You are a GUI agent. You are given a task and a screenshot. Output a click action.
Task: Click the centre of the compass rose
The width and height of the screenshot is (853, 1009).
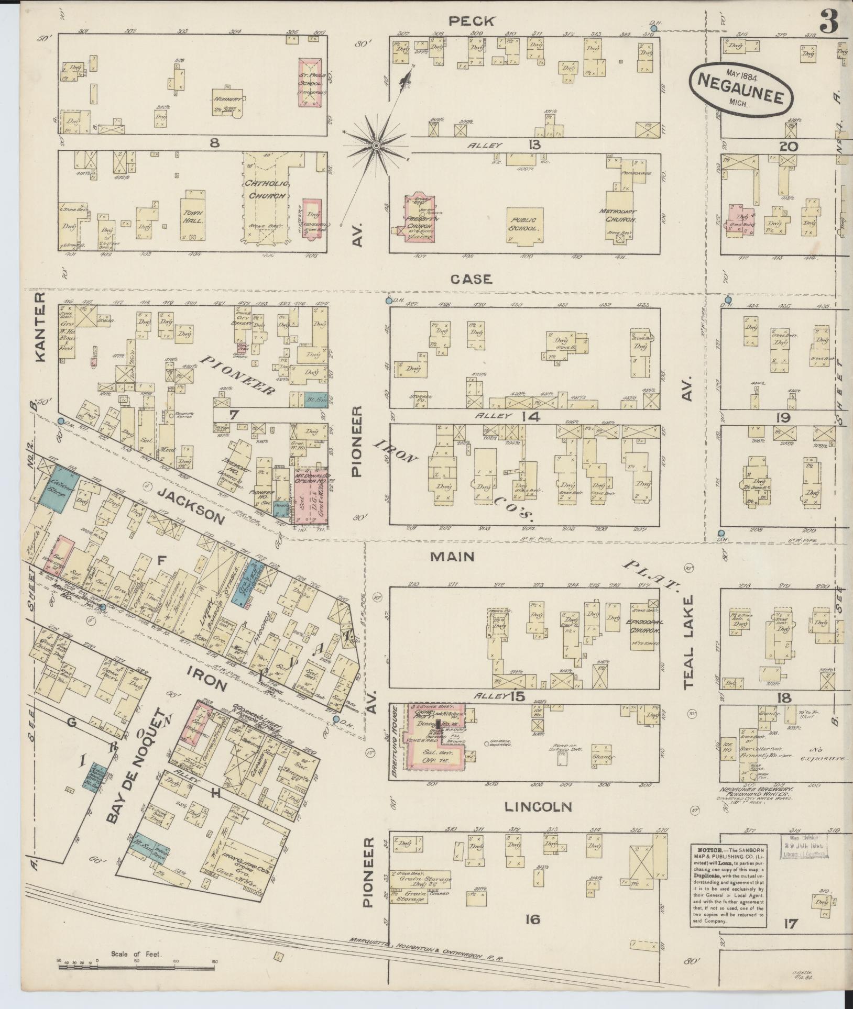pyautogui.click(x=376, y=145)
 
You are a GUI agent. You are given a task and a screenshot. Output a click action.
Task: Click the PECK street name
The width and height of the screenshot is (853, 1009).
pyautogui.click(x=471, y=21)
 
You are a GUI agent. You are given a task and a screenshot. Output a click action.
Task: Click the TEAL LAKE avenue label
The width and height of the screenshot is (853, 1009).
pyautogui.click(x=688, y=641)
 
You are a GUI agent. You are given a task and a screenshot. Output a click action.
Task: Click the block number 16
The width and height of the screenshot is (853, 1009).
pyautogui.click(x=532, y=918)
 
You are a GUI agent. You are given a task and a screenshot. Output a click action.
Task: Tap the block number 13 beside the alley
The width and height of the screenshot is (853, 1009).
pyautogui.click(x=534, y=145)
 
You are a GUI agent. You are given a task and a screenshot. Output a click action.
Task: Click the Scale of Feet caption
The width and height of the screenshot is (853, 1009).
pyautogui.click(x=137, y=955)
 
